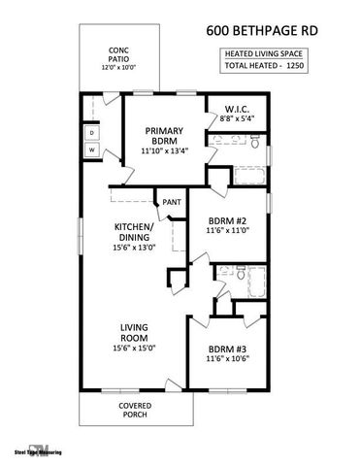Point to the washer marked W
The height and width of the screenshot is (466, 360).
coord(92,150)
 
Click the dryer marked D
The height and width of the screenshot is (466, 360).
coord(92,131)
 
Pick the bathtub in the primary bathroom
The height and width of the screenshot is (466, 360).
coord(248,176)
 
